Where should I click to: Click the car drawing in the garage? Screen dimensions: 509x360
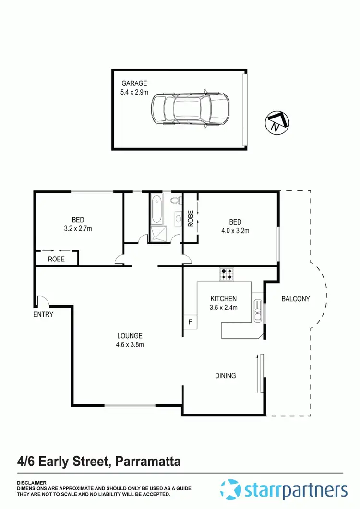(x=190, y=110)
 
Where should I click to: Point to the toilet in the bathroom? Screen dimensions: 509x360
(x=174, y=201)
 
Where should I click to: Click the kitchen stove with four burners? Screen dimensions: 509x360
(x=227, y=274)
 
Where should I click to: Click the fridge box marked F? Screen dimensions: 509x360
(x=190, y=322)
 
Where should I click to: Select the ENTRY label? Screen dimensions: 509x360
(x=43, y=315)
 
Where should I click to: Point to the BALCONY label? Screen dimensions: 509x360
(x=295, y=299)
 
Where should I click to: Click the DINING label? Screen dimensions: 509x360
(x=225, y=376)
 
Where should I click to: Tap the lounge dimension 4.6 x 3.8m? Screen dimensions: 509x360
(x=130, y=344)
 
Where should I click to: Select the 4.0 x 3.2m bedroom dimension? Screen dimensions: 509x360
(x=235, y=230)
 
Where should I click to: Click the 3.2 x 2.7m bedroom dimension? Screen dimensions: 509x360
(x=77, y=228)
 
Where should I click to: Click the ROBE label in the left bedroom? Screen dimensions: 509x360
(x=57, y=259)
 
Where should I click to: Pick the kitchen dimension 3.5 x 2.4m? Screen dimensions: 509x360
(x=224, y=308)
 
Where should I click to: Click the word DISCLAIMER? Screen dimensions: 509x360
(x=32, y=483)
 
